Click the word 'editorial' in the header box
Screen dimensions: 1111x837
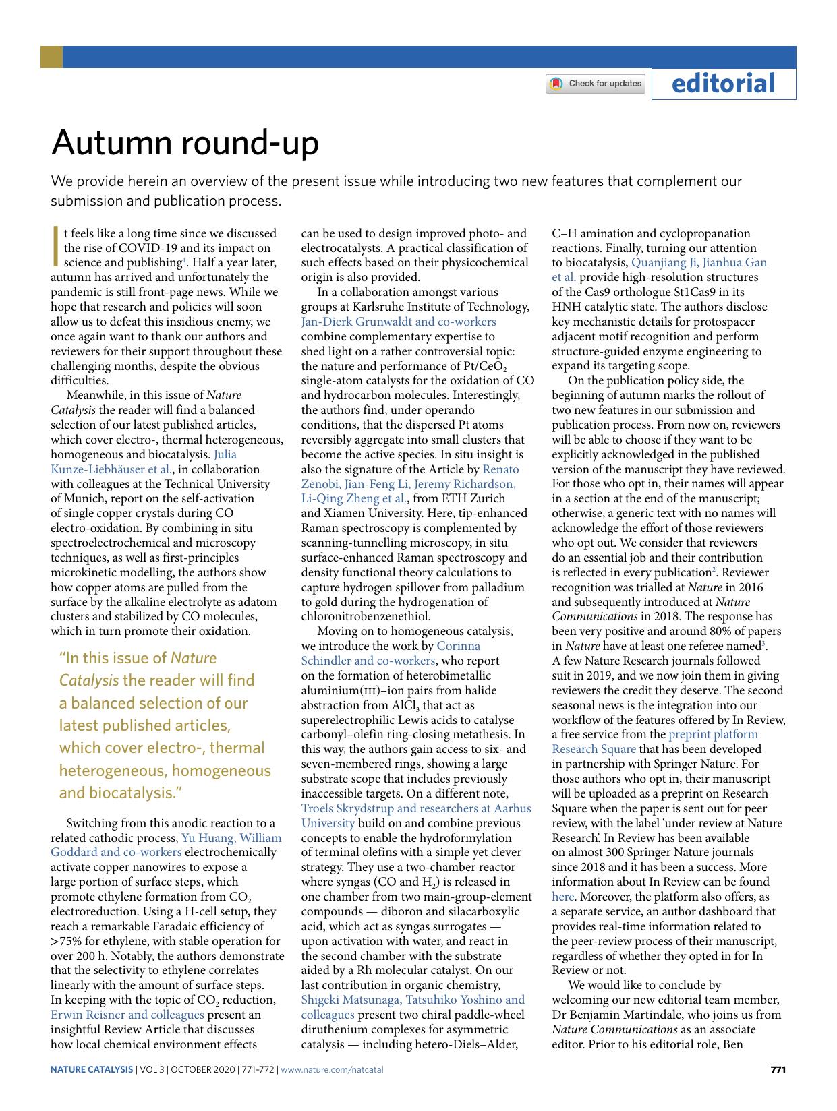tap(723, 84)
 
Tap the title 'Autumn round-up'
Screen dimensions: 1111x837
tap(185, 143)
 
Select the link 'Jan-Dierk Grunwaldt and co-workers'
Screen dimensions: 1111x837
tap(398, 322)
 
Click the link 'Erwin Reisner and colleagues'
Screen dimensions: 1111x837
tap(127, 1015)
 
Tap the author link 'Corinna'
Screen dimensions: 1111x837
tap(459, 646)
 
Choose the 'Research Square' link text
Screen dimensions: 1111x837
tap(594, 749)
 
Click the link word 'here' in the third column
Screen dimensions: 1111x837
tap(562, 897)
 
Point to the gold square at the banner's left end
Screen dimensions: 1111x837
tap(51, 57)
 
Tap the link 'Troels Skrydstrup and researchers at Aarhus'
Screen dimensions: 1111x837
tap(415, 808)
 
